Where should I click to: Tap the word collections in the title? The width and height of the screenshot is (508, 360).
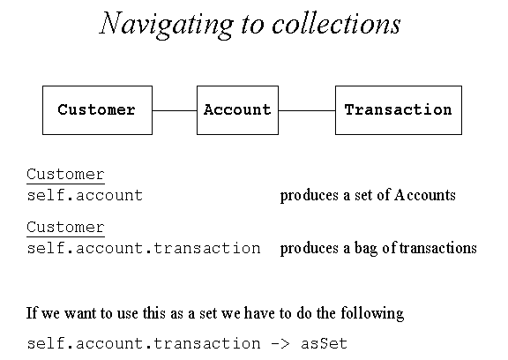point(336,23)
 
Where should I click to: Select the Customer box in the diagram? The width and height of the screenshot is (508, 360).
point(97,110)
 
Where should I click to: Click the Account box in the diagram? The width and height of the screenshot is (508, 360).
point(237,110)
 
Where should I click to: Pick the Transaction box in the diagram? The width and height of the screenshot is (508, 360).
point(399,110)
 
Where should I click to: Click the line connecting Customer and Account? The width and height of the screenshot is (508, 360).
point(175,110)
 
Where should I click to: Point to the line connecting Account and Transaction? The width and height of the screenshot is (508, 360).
point(307,110)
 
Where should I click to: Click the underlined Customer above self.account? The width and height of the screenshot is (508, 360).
point(65,175)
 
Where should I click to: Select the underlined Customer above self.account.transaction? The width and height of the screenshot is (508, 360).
point(65,227)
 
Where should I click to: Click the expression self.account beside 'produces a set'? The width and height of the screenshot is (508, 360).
point(85,195)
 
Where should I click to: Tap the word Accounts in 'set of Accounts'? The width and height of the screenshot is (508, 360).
point(425,195)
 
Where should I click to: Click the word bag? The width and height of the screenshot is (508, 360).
point(366,249)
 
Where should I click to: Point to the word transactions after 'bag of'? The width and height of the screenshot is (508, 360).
point(438,248)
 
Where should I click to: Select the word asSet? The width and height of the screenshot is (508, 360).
point(324,343)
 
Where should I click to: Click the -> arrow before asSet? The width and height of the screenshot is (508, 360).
point(280,344)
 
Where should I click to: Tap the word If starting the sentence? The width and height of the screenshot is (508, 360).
point(32,313)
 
